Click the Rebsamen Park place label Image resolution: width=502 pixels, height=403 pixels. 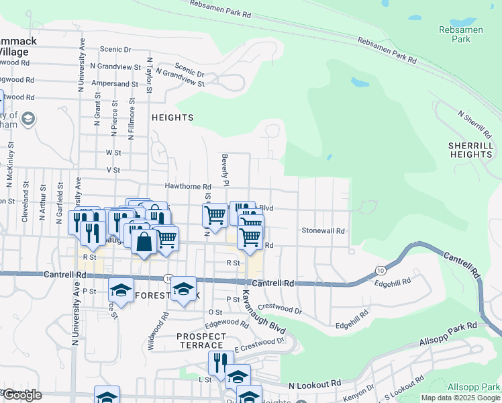click(457, 35)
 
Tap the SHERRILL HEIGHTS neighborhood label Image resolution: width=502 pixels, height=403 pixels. click(470, 150)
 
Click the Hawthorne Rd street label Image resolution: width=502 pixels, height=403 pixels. click(189, 186)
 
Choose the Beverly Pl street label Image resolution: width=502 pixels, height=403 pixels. click(226, 170)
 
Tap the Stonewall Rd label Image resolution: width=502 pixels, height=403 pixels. click(323, 230)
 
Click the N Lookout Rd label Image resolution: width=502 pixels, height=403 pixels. click(315, 385)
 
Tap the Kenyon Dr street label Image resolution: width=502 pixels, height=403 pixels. click(361, 390)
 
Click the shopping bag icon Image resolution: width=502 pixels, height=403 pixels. click(144, 241)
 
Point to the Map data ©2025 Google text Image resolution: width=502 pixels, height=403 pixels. click(460, 398)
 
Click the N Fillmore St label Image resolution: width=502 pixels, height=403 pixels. click(131, 120)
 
